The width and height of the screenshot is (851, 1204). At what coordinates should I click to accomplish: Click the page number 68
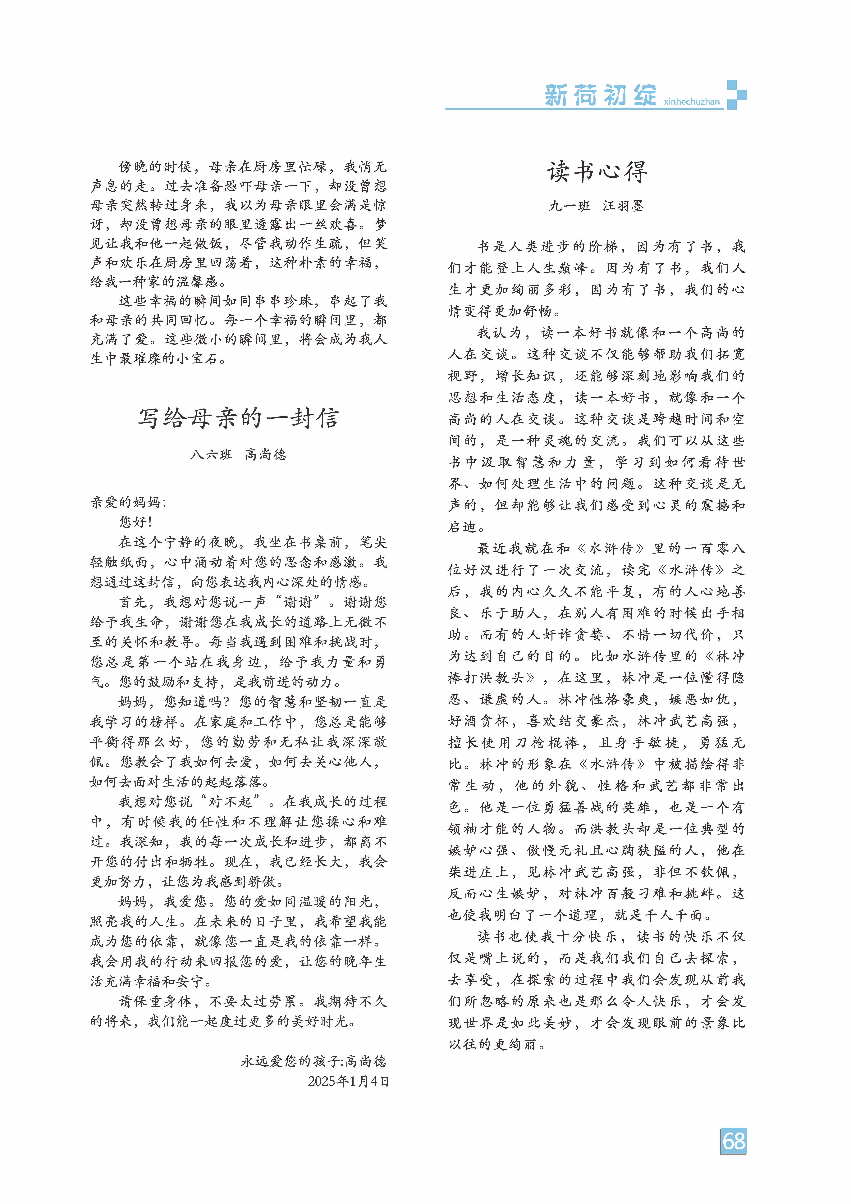tap(733, 1141)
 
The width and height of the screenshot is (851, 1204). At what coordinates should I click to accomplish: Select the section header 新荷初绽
tap(600, 96)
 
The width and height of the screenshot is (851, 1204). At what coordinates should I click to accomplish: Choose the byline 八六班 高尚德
tap(239, 454)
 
